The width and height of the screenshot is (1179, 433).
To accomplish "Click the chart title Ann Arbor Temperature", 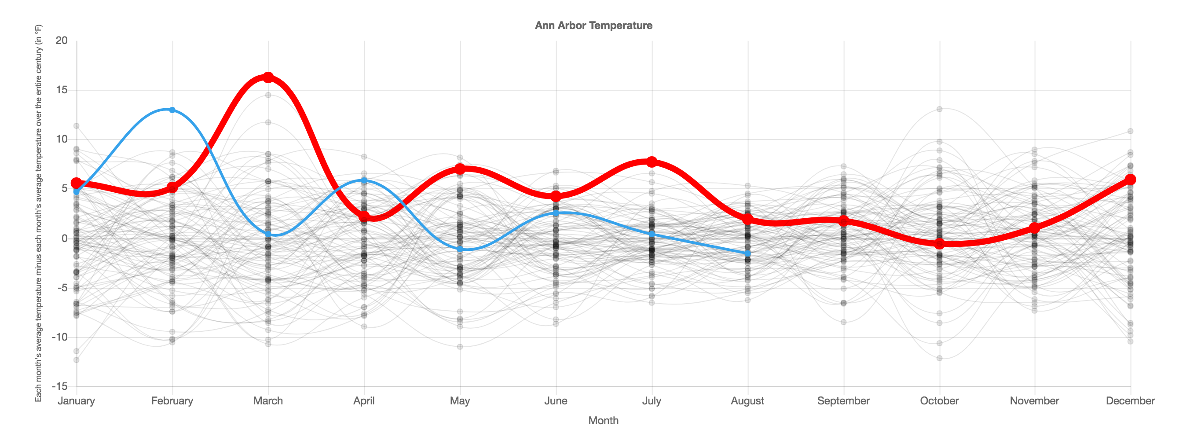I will click(593, 26).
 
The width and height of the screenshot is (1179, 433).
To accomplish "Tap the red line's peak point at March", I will click(268, 77).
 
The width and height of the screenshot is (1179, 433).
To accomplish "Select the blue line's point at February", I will click(172, 110).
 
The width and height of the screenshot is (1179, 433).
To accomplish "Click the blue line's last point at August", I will click(747, 253).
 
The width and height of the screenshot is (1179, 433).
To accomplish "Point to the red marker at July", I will click(652, 161).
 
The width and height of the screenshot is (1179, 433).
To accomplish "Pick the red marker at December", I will click(1130, 180).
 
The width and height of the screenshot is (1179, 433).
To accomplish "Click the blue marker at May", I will click(460, 249).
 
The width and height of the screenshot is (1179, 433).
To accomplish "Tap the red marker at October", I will click(939, 243).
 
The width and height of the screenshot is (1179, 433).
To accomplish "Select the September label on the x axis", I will click(843, 401).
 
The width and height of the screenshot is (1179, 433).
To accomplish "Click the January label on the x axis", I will click(77, 401).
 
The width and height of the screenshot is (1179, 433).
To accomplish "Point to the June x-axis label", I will click(556, 401).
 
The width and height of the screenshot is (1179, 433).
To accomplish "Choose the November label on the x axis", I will click(1034, 401).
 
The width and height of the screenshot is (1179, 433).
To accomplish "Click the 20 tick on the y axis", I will click(61, 41).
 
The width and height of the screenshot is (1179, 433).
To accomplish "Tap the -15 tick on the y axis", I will click(59, 386).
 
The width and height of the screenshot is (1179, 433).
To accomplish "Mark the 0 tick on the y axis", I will click(65, 239).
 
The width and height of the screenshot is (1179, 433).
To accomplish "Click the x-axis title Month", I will click(603, 421).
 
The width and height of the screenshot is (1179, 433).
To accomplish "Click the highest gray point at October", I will click(939, 109).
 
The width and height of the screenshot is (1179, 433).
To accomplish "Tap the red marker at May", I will click(460, 169).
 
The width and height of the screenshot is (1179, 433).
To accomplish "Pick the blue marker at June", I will click(556, 213).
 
